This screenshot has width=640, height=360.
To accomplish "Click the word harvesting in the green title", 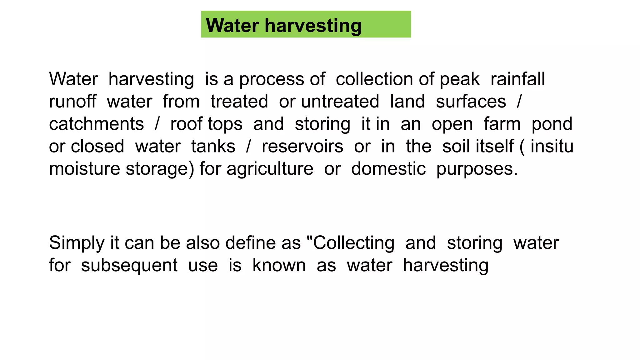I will tap(313, 26).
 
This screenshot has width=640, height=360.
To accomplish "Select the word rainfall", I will tap(517, 79).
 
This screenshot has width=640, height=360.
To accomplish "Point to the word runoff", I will tap(72, 101).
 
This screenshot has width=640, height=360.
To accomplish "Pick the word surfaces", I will tap(471, 102).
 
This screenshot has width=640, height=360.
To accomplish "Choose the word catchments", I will tap(96, 124).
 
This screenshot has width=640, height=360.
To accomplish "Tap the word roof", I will tap(186, 124).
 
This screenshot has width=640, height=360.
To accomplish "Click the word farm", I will tap(502, 124).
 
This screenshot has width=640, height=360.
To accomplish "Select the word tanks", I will tap(213, 146).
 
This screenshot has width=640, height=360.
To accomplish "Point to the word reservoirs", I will tap(302, 146).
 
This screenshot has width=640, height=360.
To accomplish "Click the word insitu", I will tap(552, 146).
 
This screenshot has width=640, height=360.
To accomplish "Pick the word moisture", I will tap(84, 169).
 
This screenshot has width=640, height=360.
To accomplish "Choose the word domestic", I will tap(388, 169).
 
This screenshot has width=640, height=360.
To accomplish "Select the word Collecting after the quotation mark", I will tap(354, 243).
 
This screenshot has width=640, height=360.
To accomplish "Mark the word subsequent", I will tap(129, 266).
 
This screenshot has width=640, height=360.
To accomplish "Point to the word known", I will tap(279, 265).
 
